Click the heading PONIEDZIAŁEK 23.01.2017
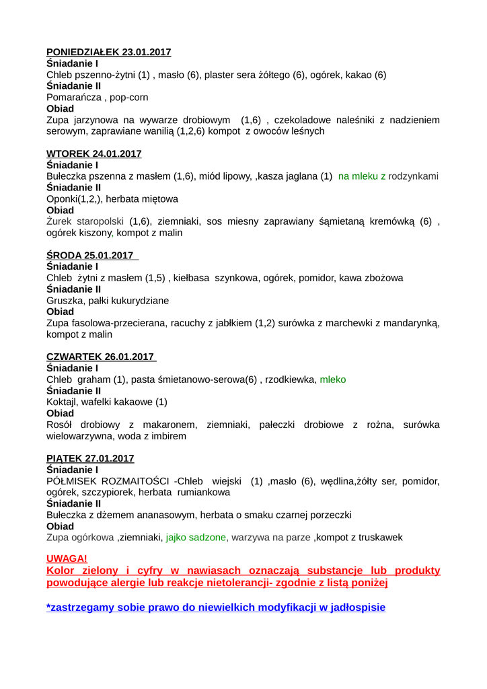108,52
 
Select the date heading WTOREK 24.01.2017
93,153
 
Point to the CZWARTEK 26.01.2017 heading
100,357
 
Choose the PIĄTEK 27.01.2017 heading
90,458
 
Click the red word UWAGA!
67,558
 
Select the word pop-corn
129,98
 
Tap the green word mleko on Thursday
333,379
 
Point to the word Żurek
59,221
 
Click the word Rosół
60,425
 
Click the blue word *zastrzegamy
85,607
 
